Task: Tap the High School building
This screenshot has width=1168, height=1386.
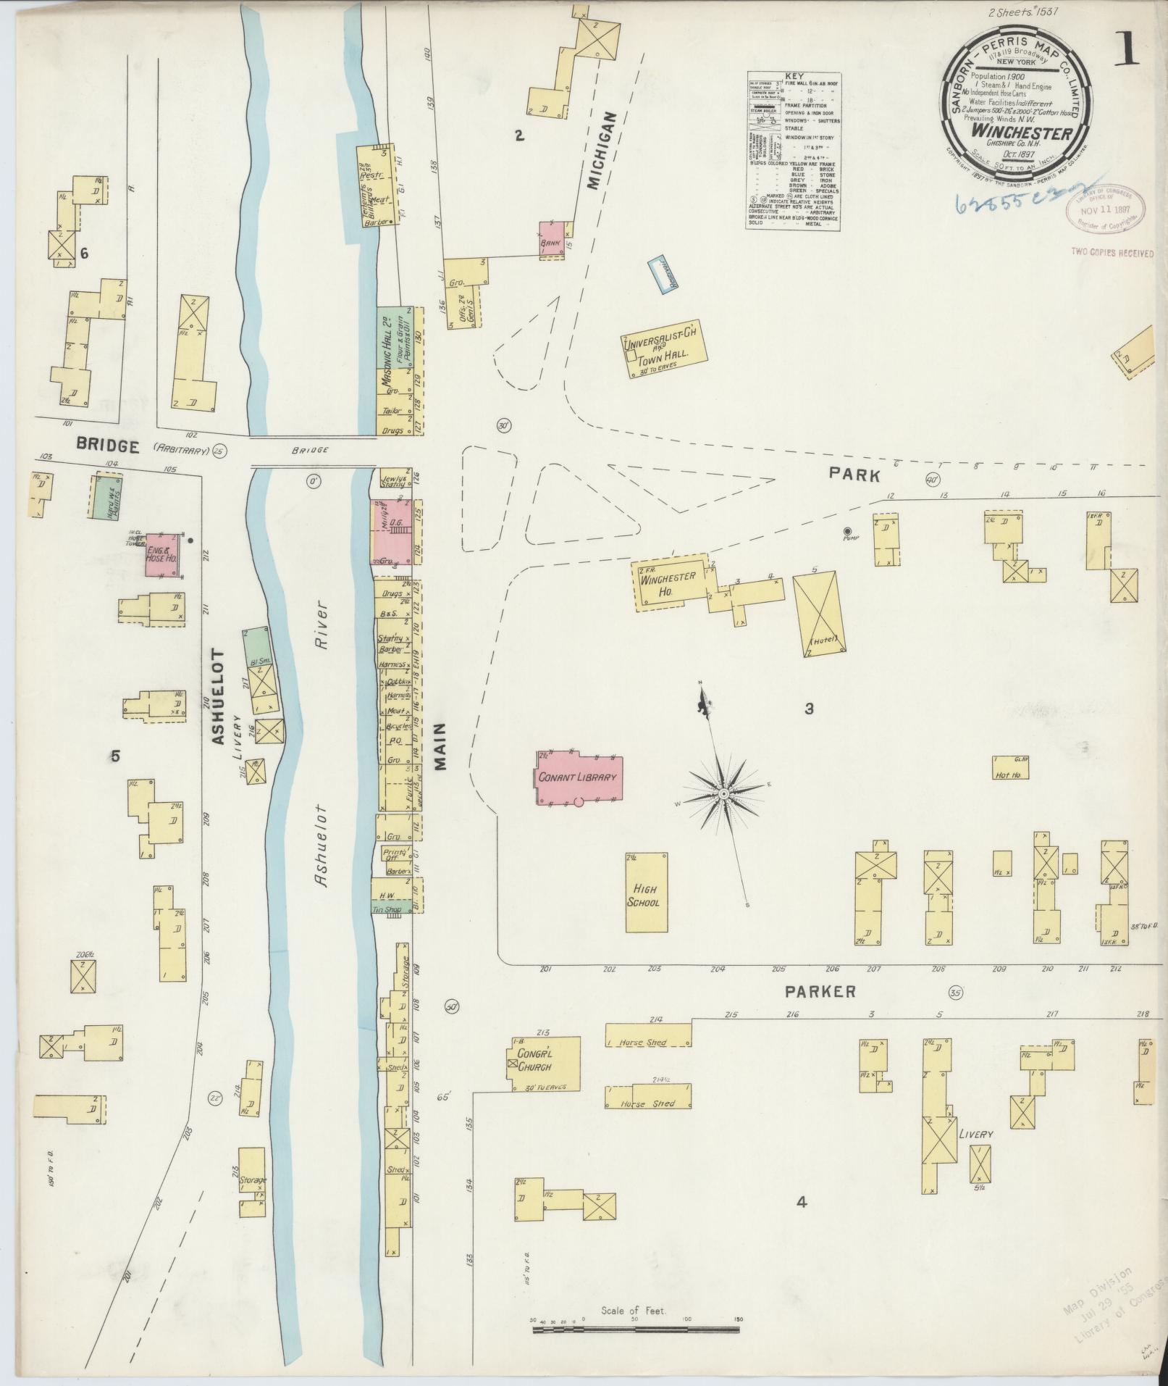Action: [x=647, y=893]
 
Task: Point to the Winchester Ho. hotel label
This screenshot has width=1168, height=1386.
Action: [x=668, y=583]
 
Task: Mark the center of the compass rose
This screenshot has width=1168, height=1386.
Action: [x=723, y=795]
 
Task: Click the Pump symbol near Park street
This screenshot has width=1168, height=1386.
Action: [x=848, y=530]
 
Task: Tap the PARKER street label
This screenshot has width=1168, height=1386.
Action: [x=822, y=991]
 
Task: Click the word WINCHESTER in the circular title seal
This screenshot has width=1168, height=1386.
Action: [x=1012, y=133]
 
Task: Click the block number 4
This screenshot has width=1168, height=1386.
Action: [x=802, y=1203]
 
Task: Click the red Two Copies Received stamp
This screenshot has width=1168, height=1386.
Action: [x=1112, y=253]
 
